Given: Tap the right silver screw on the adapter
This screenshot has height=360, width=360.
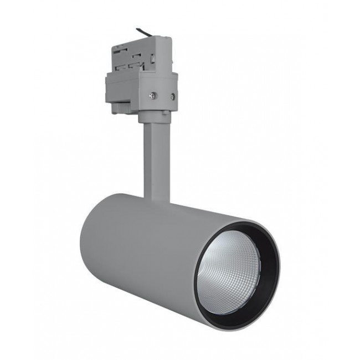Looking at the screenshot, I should (172, 97).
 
